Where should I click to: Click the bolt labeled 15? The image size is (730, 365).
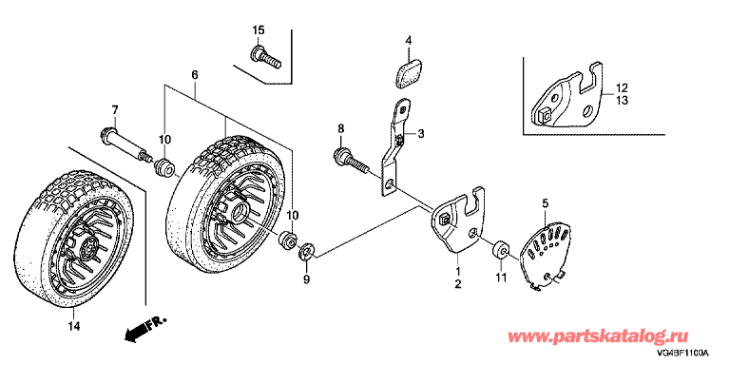(265, 58)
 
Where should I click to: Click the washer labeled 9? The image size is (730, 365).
(307, 251)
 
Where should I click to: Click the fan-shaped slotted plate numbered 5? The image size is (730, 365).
(545, 254)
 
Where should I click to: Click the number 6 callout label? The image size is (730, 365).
(195, 74)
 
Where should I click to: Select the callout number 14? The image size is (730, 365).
(74, 326)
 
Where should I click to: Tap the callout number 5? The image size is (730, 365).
(546, 202)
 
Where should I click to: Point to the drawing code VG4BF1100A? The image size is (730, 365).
(683, 354)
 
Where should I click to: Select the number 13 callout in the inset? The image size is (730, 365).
(622, 100)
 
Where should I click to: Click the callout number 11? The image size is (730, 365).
(501, 278)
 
